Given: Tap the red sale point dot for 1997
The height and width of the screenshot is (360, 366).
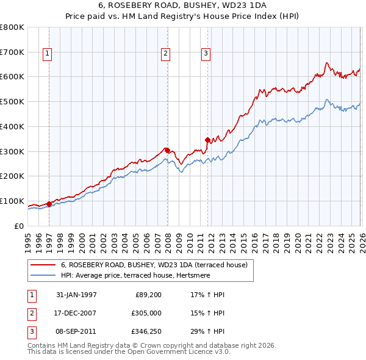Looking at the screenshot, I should [x=49, y=204].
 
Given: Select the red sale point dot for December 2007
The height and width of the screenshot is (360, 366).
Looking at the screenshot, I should [x=167, y=150].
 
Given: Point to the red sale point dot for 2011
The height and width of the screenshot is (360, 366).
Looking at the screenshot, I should [x=207, y=140].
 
